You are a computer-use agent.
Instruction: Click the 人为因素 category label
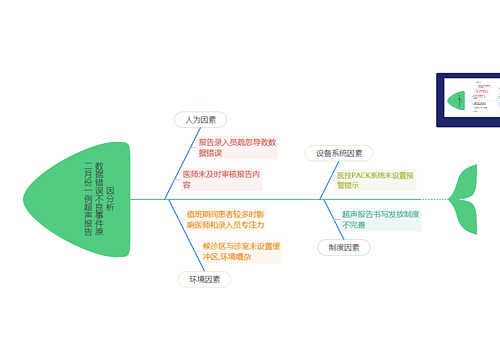coord(194,119)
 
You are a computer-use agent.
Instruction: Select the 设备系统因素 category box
coord(339,153)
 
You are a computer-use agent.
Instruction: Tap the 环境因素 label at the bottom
coord(204,279)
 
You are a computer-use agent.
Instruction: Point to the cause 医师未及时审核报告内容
coord(220,179)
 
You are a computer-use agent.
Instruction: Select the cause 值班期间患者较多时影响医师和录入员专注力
coord(225,220)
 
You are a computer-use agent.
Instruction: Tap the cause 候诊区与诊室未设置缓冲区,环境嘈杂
coord(241,251)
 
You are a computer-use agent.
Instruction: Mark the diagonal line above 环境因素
coord(177,240)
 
